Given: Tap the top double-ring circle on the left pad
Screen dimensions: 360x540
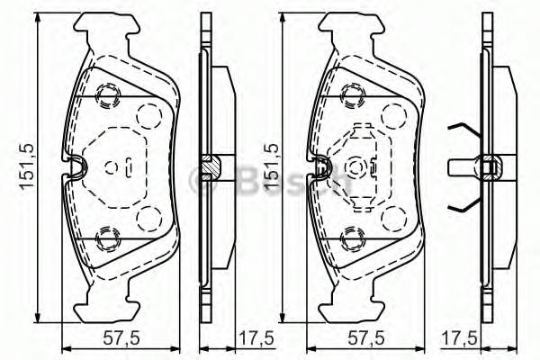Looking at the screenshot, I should (110, 94).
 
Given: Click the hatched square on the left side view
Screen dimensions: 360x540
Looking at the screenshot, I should (209, 166).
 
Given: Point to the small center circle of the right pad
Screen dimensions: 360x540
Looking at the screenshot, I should (355, 166).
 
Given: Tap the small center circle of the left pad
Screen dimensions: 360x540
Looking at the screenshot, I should (111, 166).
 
